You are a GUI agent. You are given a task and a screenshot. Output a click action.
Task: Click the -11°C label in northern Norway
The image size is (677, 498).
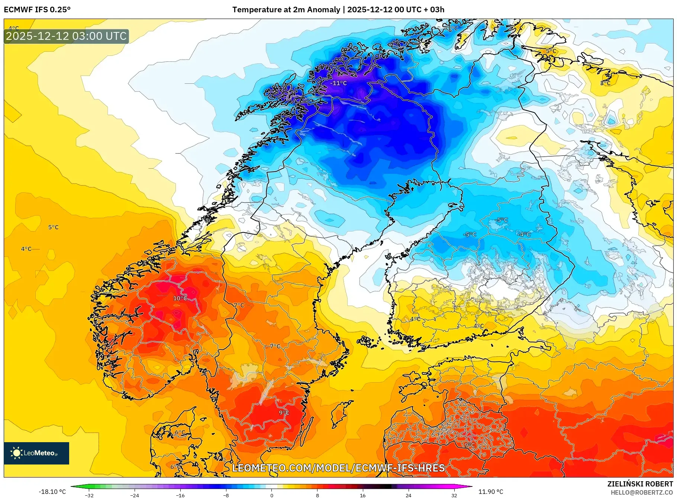(339, 83)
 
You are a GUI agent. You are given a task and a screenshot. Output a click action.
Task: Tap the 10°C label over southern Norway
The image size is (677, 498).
(180, 298)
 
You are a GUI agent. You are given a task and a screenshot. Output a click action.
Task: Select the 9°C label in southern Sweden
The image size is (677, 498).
(284, 412)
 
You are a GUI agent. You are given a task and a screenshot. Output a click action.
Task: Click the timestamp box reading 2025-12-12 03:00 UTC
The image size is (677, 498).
(66, 36)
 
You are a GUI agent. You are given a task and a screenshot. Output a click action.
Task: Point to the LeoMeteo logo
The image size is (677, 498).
(36, 453)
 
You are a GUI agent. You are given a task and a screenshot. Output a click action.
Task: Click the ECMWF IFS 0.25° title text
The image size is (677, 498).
(37, 10)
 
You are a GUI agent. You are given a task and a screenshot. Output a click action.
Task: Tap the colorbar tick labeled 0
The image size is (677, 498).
(271, 495)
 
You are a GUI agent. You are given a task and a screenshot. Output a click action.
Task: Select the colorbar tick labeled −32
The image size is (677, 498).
(89, 495)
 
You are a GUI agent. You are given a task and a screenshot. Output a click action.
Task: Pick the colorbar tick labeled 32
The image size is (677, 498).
(454, 495)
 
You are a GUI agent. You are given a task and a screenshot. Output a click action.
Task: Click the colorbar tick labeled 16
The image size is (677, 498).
(362, 495)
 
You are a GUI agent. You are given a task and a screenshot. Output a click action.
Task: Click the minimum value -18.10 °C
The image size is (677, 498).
(52, 492)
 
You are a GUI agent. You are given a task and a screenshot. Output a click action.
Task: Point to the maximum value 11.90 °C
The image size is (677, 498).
(491, 492)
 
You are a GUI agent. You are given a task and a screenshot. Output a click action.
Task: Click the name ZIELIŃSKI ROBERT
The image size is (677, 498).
(640, 484)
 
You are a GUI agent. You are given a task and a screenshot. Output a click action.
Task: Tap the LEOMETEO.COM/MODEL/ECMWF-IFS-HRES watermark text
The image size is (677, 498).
(338, 468)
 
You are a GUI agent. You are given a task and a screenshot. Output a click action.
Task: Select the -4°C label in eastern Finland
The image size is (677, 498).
(524, 234)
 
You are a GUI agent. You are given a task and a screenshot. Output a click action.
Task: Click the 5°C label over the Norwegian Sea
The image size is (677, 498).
(53, 227)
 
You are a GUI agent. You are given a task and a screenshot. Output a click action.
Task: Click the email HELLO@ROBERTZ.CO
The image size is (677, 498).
(641, 492)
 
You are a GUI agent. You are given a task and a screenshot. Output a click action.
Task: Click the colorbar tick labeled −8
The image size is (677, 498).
(226, 495)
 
